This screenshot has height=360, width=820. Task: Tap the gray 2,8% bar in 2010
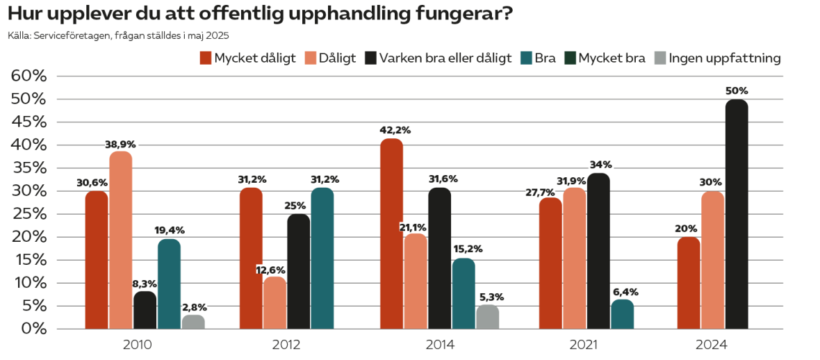[x=193, y=322]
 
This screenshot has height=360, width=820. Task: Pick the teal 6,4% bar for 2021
[x=622, y=314]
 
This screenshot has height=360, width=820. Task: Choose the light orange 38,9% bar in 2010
[x=121, y=240]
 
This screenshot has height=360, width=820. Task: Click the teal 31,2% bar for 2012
[x=322, y=258]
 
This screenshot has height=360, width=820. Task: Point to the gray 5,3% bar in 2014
[x=487, y=317]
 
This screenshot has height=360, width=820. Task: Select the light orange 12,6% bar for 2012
[x=274, y=302]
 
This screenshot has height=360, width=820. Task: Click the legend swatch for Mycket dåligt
[x=206, y=58]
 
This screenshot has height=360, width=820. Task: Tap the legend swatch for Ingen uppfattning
[x=660, y=58]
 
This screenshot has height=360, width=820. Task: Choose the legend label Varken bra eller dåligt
[x=445, y=58]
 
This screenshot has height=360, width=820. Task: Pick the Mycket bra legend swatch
[x=570, y=58]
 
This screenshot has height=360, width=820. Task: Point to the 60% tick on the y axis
[x=29, y=76]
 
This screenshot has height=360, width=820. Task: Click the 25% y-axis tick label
[x=29, y=214]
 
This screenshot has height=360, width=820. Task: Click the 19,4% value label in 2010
[x=170, y=230]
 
